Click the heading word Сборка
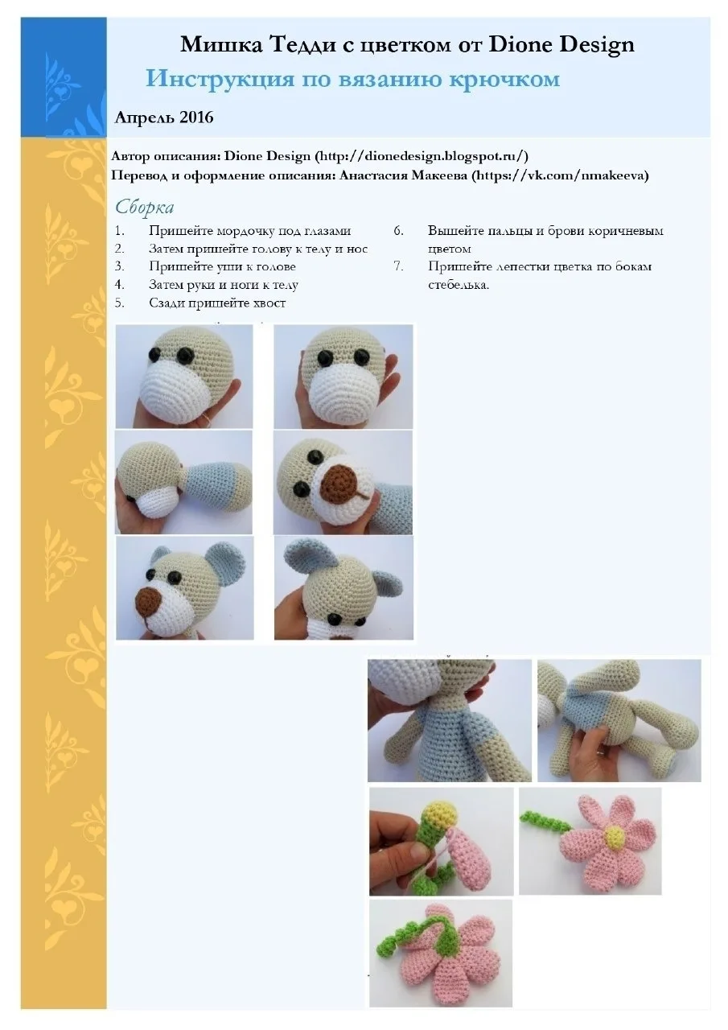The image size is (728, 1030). tap(144, 207)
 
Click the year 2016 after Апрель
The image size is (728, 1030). tap(196, 117)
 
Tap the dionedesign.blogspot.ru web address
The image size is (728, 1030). tap(422, 156)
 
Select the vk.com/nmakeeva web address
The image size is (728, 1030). tap(560, 175)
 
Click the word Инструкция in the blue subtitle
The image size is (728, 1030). tap(220, 78)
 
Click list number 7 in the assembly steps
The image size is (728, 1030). tap(398, 266)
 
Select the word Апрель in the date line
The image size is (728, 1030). tap(145, 117)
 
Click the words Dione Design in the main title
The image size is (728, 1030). tap(561, 45)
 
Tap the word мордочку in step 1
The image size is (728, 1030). tap(246, 231)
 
